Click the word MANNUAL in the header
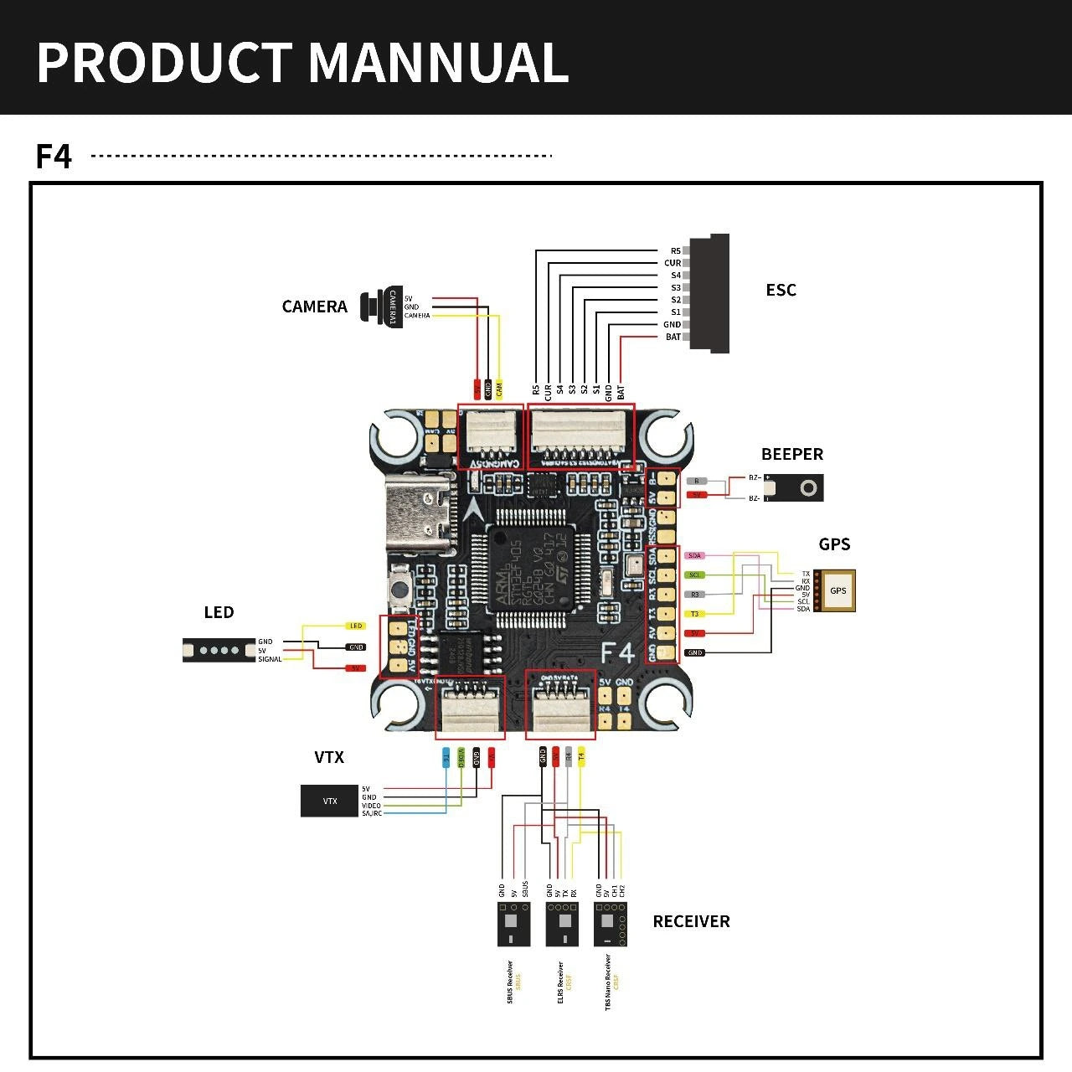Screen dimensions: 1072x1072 point(439,63)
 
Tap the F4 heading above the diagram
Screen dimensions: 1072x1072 point(54,157)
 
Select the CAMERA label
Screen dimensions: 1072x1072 point(314,307)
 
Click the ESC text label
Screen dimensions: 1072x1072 point(781,290)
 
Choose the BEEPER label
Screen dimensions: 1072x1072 point(791,454)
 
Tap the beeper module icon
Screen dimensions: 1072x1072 point(795,488)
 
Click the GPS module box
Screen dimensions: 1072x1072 point(837,590)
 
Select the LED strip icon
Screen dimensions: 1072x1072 point(219,649)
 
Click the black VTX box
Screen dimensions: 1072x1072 point(329,801)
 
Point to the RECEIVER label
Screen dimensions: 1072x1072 point(691,921)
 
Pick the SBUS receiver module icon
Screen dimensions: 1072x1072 point(513,925)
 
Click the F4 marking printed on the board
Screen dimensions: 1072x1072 point(617,652)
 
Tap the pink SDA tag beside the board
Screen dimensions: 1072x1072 point(694,555)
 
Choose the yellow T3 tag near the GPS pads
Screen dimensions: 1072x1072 point(694,614)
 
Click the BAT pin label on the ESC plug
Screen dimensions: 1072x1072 point(673,337)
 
